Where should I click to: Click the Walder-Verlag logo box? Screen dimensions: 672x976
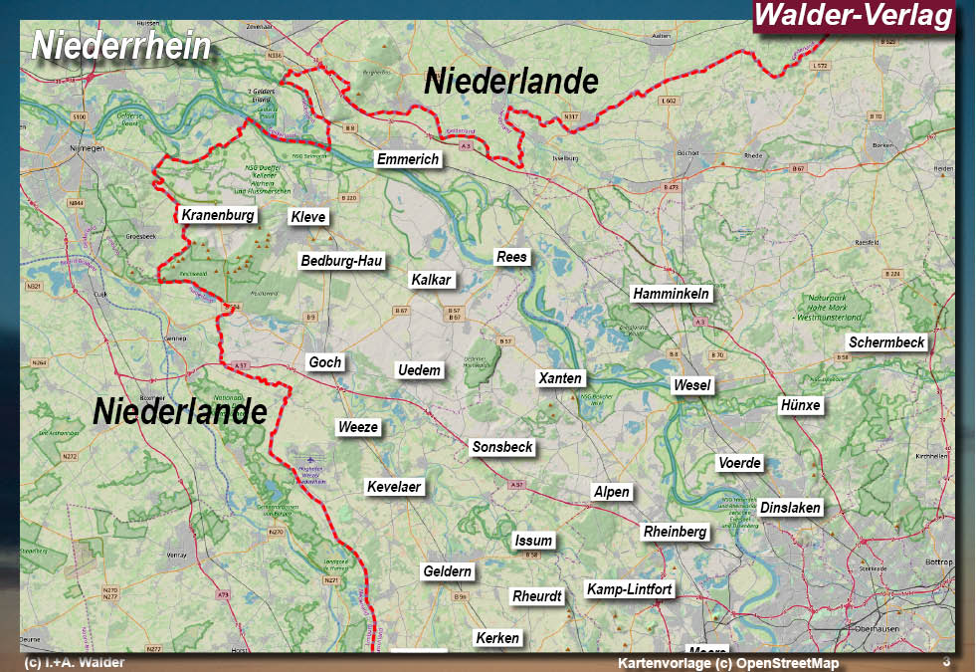(x=854, y=16)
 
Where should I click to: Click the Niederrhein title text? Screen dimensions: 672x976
(x=121, y=46)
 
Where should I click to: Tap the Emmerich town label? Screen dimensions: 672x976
(x=408, y=159)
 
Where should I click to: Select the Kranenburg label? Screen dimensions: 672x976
(x=218, y=215)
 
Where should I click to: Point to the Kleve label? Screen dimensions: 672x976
(x=308, y=217)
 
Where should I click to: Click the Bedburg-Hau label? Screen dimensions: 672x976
(x=341, y=261)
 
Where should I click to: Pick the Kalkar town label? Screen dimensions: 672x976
(x=432, y=280)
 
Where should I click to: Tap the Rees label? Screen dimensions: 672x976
(x=511, y=257)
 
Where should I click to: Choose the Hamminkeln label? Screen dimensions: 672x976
(x=672, y=294)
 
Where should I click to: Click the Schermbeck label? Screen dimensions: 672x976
(x=886, y=342)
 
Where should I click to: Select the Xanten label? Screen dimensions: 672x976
(x=560, y=378)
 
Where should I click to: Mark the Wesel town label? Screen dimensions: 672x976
(x=692, y=385)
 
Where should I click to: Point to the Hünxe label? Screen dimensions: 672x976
(x=800, y=405)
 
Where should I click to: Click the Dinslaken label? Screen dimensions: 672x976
(x=791, y=508)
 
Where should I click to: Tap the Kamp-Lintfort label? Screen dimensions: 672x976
(x=630, y=589)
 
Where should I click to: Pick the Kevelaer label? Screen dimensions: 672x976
(x=395, y=487)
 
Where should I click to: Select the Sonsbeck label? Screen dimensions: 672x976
(x=502, y=447)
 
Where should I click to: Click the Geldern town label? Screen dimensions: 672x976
(x=448, y=571)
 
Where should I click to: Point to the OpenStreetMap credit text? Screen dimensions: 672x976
(x=727, y=663)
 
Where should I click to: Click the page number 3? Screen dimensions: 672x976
(x=946, y=662)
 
